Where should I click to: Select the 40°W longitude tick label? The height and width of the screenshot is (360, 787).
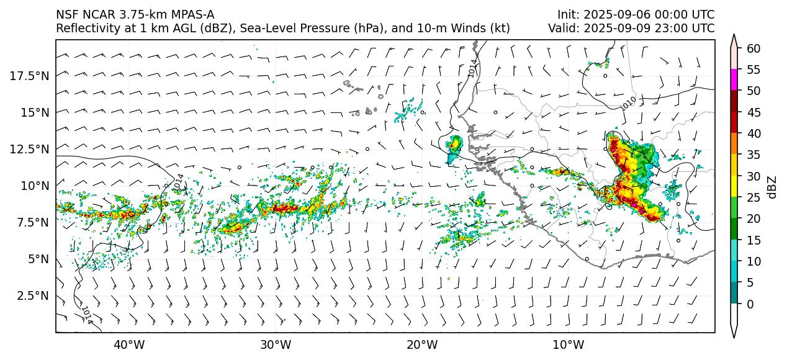[129, 344]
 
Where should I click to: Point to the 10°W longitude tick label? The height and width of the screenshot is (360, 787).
[568, 344]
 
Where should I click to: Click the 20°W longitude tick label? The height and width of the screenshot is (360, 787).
[421, 344]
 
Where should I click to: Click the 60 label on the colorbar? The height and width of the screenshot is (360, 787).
[753, 48]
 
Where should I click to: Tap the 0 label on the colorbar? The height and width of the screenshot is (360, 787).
[750, 304]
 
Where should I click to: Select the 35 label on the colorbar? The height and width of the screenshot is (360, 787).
[753, 155]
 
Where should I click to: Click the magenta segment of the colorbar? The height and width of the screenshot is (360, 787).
[734, 80]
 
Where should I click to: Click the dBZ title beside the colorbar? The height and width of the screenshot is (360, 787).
[772, 186]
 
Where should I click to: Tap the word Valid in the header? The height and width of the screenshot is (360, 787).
[562, 28]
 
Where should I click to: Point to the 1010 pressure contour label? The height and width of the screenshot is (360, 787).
[628, 103]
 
